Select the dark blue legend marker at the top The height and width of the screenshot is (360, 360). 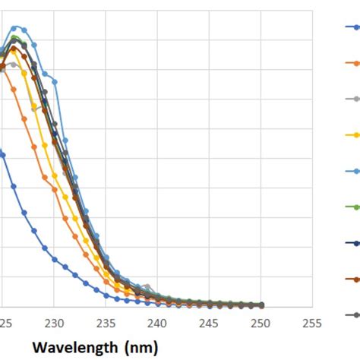[351, 27]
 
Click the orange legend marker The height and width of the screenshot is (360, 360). [351, 63]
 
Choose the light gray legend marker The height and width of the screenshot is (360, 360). [351, 99]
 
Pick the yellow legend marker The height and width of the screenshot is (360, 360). [351, 135]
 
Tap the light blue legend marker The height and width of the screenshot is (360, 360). [351, 171]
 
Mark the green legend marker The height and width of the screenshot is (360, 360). [351, 207]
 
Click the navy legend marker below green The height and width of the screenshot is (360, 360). [351, 243]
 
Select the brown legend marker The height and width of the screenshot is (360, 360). [351, 279]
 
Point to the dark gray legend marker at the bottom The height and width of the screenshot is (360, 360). [351, 314]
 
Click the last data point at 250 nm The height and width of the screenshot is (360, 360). [261, 305]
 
